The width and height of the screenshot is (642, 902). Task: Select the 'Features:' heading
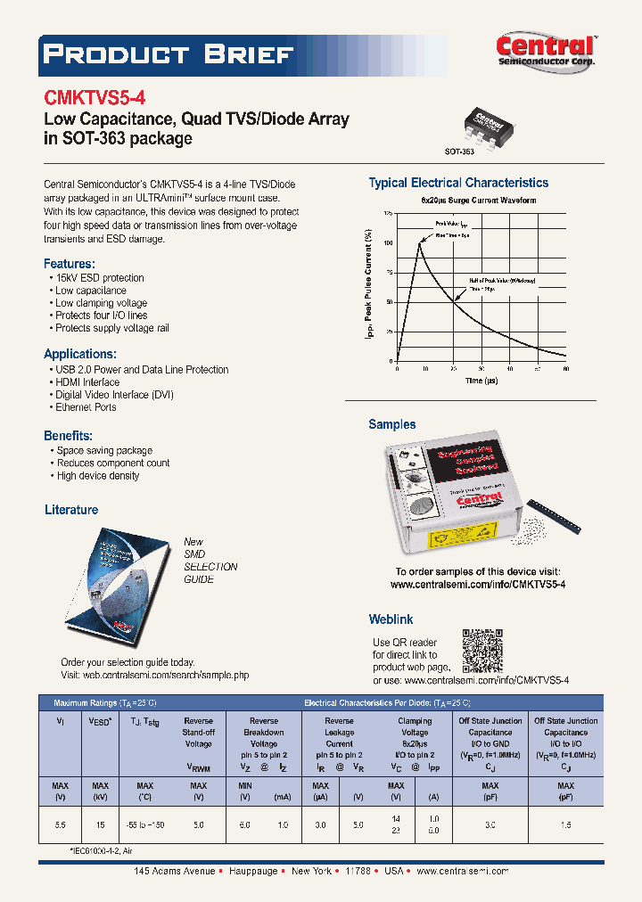click(x=70, y=264)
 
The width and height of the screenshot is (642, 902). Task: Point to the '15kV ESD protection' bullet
click(x=99, y=278)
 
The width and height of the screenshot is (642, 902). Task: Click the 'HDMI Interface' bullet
click(x=86, y=382)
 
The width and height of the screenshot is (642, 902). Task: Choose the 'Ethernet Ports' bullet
click(x=86, y=407)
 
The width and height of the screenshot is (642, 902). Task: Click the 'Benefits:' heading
click(x=69, y=436)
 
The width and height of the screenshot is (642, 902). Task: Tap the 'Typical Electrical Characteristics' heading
click(x=458, y=183)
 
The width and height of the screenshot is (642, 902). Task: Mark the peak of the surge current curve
click(x=419, y=242)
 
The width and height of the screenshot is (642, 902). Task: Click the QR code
click(x=482, y=649)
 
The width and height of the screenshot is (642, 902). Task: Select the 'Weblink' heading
click(x=391, y=619)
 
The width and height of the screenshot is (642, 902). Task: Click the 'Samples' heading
click(x=392, y=424)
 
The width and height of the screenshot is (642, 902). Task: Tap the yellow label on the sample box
click(x=457, y=540)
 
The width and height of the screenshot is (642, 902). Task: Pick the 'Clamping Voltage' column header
click(x=415, y=726)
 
